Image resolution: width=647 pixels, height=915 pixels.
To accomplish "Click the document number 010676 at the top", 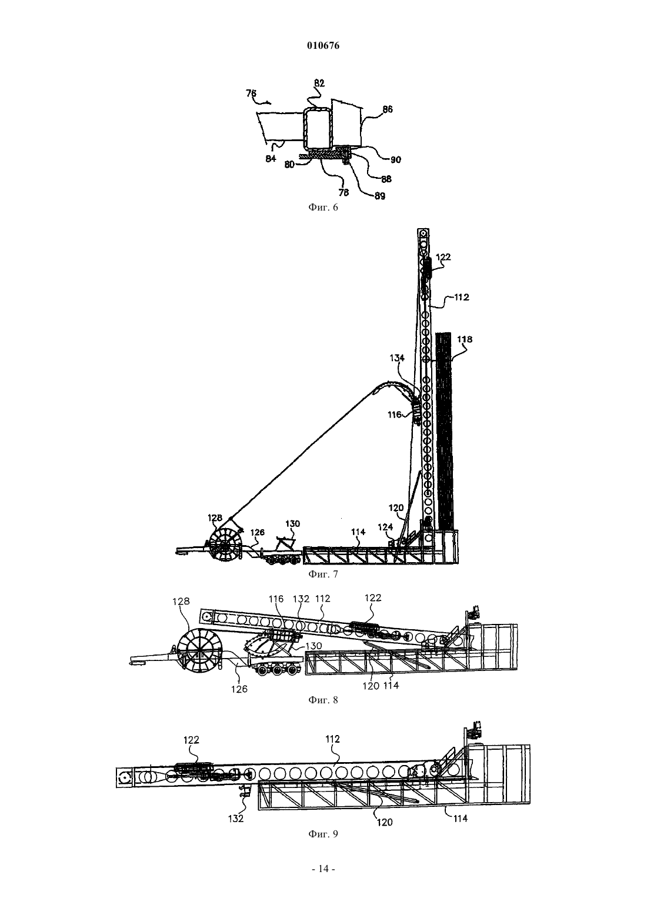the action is point(323,46).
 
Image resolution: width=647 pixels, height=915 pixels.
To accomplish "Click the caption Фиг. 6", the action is point(323,207).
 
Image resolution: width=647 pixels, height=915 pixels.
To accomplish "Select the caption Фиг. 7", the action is point(323,574).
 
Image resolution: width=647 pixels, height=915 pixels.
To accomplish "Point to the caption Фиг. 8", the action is point(323,700).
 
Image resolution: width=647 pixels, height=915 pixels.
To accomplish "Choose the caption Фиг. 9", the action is point(323,834).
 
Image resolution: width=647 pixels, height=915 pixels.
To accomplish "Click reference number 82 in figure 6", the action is point(319,83).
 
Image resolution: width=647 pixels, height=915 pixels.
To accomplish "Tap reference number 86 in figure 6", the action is point(387,109).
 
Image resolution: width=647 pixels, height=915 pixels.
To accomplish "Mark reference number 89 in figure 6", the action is point(380,196).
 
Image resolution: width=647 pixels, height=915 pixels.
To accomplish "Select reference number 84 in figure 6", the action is point(271,158).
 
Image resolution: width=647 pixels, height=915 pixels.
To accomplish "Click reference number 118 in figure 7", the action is point(465,339).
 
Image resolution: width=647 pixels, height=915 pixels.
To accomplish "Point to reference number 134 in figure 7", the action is point(397,358).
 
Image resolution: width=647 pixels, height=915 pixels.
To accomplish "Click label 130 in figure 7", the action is point(292,524).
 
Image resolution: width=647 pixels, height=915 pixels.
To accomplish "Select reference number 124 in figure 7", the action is point(385,527).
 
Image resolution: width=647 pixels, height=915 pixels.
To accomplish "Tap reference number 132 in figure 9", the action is point(236,818).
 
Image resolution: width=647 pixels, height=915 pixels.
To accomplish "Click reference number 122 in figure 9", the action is point(191,740).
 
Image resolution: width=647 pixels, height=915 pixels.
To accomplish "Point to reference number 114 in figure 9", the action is point(461,818).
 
